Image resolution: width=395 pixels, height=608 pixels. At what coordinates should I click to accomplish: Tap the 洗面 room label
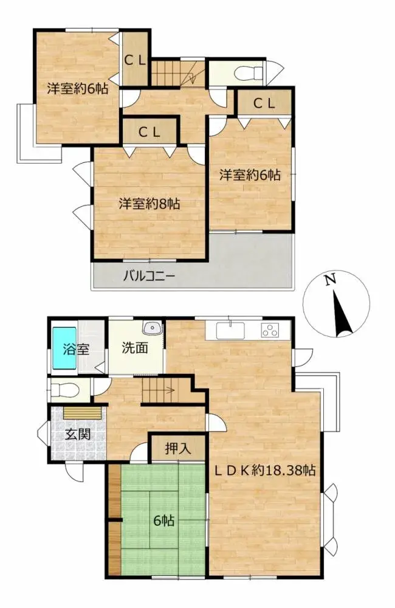pyautogui.click(x=135, y=348)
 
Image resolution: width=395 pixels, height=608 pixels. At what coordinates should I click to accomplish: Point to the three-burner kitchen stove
pyautogui.click(x=269, y=331)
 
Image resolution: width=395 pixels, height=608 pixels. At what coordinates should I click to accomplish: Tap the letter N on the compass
pyautogui.click(x=329, y=280)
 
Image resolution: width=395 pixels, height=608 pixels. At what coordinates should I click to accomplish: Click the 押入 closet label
pyautogui.click(x=178, y=449)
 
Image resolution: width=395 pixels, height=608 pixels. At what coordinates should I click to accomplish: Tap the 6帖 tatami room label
pyautogui.click(x=162, y=520)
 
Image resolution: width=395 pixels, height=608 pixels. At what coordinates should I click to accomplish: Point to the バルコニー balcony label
pyautogui.click(x=149, y=275)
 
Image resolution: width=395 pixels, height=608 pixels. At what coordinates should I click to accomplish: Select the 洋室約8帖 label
pyautogui.click(x=149, y=204)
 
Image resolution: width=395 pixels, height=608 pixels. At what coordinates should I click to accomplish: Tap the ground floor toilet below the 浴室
pyautogui.click(x=63, y=388)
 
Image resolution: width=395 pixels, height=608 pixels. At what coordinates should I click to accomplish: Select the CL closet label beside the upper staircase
pyautogui.click(x=135, y=60)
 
